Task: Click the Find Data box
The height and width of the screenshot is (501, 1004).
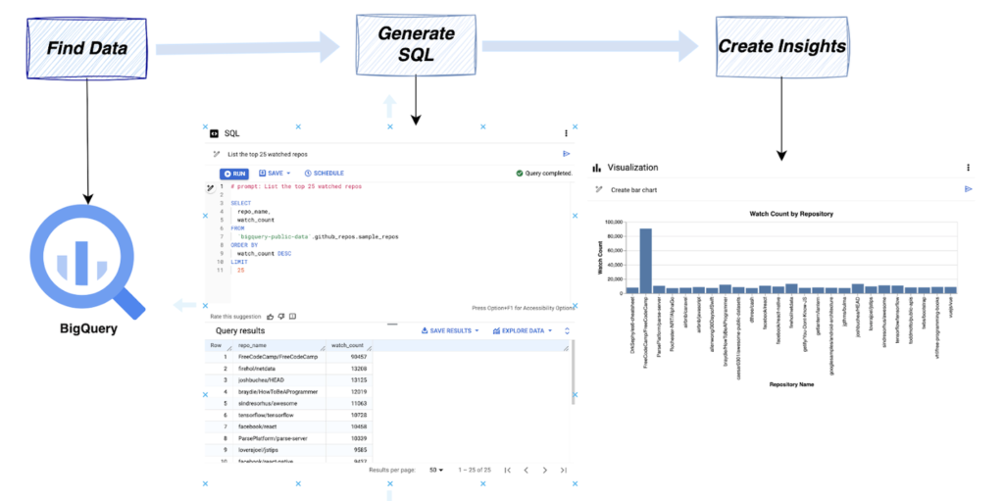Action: click(x=88, y=46)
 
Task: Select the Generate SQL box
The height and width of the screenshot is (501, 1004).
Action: click(x=416, y=44)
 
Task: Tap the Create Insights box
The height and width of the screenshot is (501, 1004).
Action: click(x=781, y=45)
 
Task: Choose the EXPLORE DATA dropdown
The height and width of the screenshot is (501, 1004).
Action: click(x=527, y=330)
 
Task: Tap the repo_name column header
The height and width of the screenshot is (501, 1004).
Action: click(x=253, y=345)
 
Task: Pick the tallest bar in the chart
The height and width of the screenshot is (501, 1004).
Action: click(x=645, y=261)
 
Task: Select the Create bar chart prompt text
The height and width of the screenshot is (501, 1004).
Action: click(x=639, y=189)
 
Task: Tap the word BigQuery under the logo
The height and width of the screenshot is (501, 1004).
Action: click(x=86, y=328)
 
